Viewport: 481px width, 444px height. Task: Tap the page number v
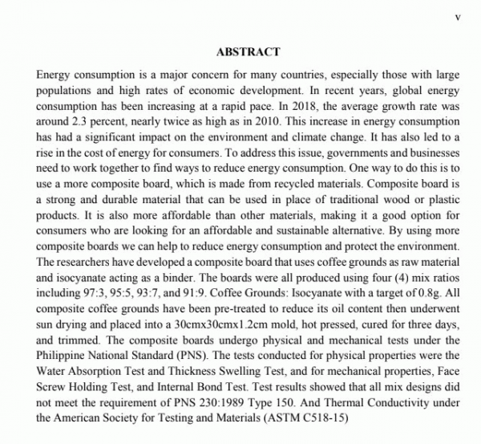pyautogui.click(x=456, y=14)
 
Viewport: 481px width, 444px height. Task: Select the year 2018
pyautogui.click(x=302, y=104)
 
